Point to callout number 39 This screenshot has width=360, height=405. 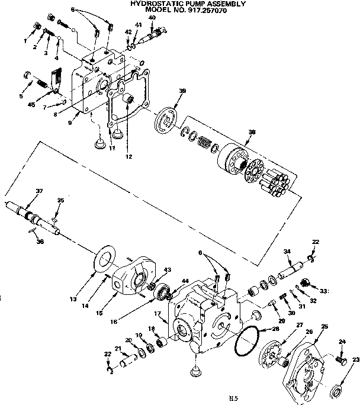coord(182,91)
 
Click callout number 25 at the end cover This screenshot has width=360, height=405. coord(324,327)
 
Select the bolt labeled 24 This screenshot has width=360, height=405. coord(340,359)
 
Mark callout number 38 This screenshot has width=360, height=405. coord(252,131)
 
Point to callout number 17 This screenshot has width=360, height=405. coord(158,313)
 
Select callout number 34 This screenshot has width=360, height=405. coord(287,252)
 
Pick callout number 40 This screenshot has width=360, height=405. coord(152,17)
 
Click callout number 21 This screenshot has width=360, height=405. coord(117,348)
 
